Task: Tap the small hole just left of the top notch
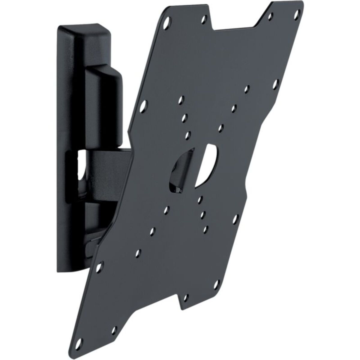point(204,19)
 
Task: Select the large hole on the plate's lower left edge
point(100,266)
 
